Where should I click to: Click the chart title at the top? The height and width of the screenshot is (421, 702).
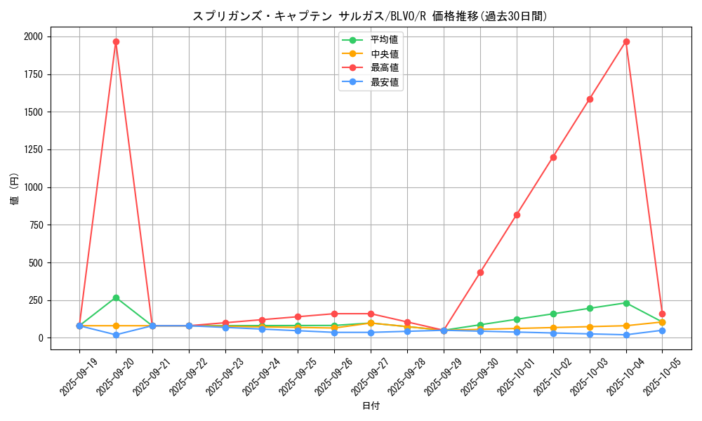(x=370, y=16)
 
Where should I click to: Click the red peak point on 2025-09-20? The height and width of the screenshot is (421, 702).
(x=116, y=41)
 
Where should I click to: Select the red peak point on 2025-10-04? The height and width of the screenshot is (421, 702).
(x=626, y=41)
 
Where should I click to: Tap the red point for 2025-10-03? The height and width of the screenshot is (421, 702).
(x=590, y=99)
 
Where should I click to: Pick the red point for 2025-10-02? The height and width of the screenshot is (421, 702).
(x=553, y=157)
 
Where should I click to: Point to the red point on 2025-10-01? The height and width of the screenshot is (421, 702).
(x=517, y=215)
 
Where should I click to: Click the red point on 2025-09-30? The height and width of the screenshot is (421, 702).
(x=480, y=272)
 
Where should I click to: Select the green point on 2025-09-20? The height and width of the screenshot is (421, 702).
(x=116, y=298)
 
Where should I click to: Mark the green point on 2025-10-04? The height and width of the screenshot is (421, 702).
(x=626, y=303)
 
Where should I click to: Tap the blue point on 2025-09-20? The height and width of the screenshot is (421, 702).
(x=116, y=335)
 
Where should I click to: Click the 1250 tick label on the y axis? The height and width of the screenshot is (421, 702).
(x=32, y=149)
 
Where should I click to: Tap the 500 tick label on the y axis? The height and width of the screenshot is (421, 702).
(x=35, y=262)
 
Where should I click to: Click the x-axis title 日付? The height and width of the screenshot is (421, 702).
(x=371, y=406)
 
